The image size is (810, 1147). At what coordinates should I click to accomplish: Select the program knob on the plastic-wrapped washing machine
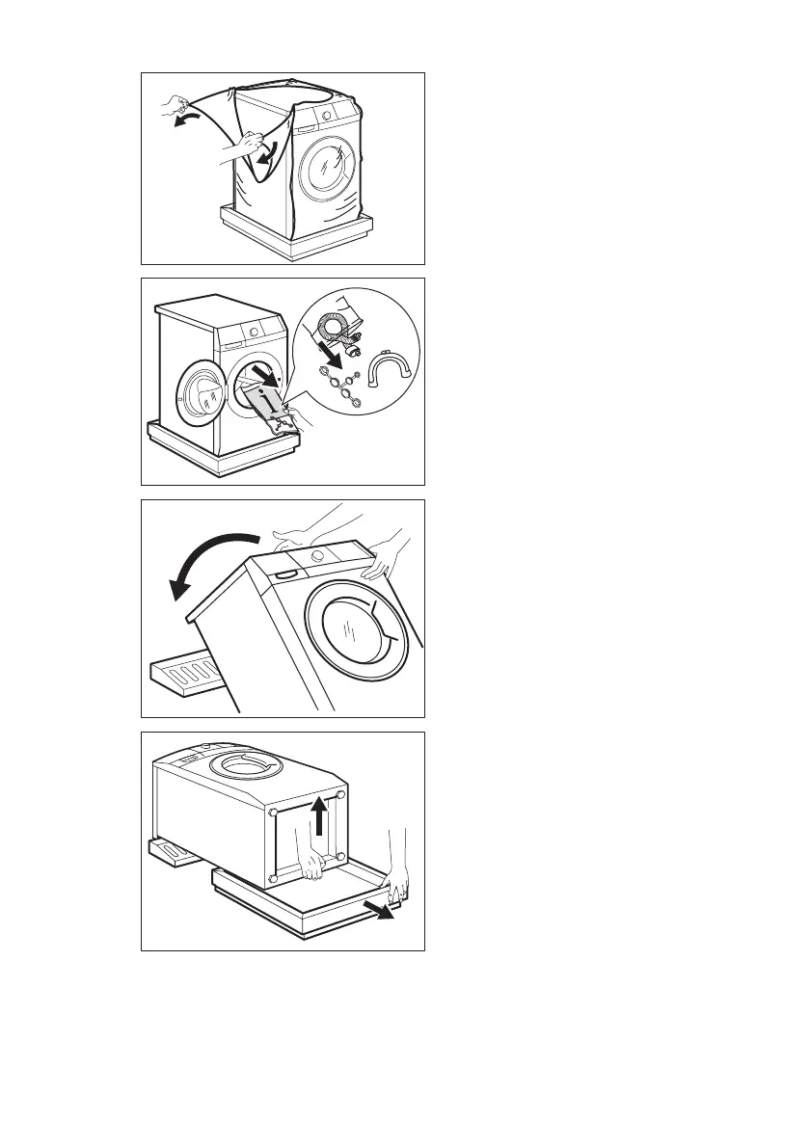[x=326, y=115]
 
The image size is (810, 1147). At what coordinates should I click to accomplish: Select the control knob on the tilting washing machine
[x=317, y=557]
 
